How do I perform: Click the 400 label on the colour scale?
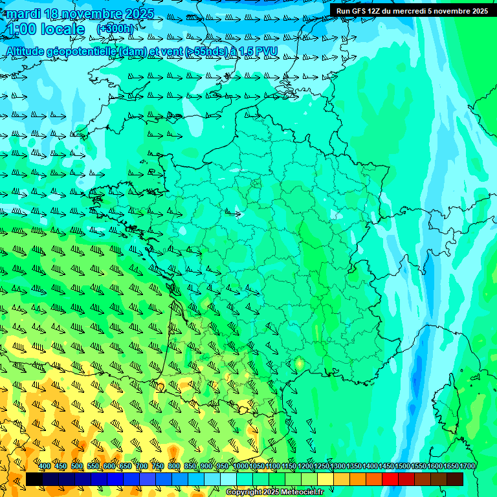point(45,467)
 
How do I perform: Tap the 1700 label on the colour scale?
point(467,467)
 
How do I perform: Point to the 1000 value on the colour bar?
point(241,467)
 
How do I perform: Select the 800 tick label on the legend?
point(174,467)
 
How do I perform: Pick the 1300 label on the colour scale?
point(338,467)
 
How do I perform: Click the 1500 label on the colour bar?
point(403,467)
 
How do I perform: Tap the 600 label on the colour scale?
point(109,467)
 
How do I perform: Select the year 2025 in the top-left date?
point(137,14)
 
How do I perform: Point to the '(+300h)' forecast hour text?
point(115,29)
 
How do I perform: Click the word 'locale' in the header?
point(62,30)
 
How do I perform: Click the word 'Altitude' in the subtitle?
point(27,51)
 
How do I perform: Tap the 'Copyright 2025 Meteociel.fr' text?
point(275,492)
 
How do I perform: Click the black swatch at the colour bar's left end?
point(34,479)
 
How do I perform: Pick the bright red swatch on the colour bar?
point(390,479)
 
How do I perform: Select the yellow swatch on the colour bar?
point(326,479)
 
